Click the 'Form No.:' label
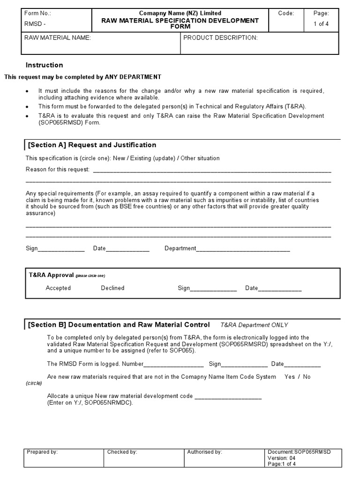38,14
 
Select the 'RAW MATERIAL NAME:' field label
57,38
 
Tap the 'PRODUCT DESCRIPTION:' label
220,38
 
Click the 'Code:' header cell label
286,14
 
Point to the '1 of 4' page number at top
321,24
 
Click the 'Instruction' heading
44,65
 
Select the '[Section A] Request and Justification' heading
92,145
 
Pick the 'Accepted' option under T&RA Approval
58,288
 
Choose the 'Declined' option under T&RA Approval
112,288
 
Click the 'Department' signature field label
180,248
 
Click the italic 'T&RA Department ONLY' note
254,325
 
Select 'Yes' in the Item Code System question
290,377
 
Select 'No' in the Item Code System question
307,377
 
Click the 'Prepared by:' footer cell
42,452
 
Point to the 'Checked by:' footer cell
122,452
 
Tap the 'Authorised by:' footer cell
204,452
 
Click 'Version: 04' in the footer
281,458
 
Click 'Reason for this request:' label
57,169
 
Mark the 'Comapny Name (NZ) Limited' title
180,13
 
